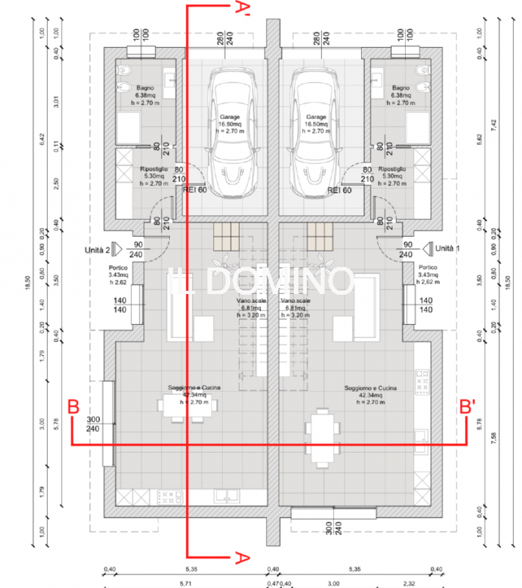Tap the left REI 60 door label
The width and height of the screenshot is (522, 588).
[195, 190]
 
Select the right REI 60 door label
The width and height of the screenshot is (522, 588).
[339, 190]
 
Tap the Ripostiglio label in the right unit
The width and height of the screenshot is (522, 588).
[392, 169]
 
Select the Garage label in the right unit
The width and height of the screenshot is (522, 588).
[316, 117]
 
